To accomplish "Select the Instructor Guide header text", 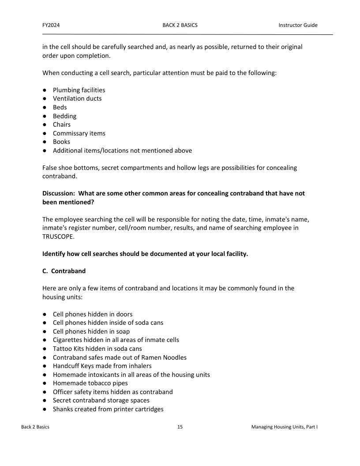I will tap(298, 25).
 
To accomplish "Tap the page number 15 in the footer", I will tap(180, 427).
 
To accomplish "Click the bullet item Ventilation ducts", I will tap(77, 98).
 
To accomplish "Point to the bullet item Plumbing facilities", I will tap(79, 90).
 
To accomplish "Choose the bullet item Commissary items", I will tap(79, 133).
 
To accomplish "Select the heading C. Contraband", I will tap(64, 271).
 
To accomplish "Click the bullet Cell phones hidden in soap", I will tap(91, 331).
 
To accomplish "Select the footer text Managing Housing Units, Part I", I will tap(285, 427).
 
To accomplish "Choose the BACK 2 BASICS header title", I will tap(180, 25).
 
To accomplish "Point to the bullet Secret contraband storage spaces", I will tap(101, 400).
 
